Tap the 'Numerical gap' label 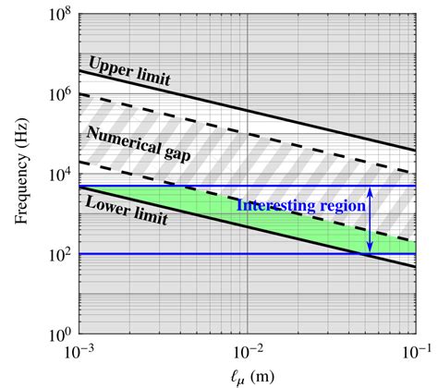pos(139,144)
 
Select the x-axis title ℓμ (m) pos(248,372)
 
